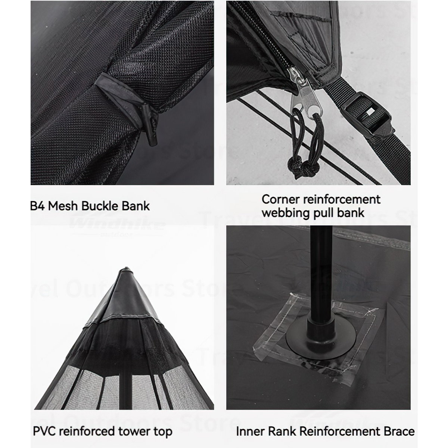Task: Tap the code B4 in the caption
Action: pyautogui.click(x=37, y=206)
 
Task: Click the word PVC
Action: pyautogui.click(x=44, y=432)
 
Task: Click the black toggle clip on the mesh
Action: pyautogui.click(x=149, y=123)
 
